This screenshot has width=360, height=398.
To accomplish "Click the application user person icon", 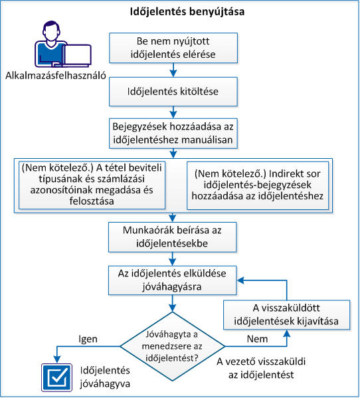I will pyautogui.click(x=54, y=45).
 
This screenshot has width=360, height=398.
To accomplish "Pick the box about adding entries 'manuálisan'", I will pyautogui.click(x=173, y=132).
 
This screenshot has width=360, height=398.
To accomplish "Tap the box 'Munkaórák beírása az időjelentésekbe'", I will pyautogui.click(x=173, y=236).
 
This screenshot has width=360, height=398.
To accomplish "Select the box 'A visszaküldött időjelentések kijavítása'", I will pyautogui.click(x=287, y=315).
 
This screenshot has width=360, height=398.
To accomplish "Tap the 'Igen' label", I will pyautogui.click(x=88, y=339).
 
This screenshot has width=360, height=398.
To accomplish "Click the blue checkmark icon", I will pyautogui.click(x=55, y=376).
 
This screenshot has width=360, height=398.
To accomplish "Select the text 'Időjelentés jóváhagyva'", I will pyautogui.click(x=104, y=376).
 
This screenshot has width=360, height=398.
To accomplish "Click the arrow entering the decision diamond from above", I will pyautogui.click(x=173, y=303).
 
